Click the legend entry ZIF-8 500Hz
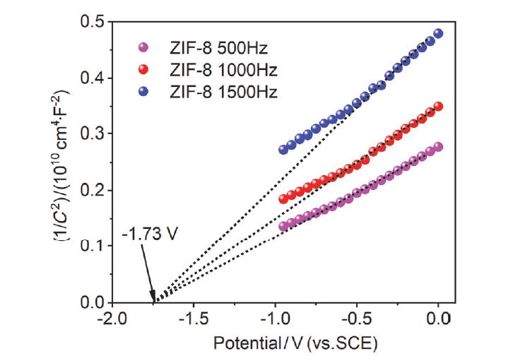click(209, 49)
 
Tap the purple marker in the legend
click(143, 49)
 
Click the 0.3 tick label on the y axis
click(91, 134)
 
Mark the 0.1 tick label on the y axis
click(91, 246)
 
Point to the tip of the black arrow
click(153, 300)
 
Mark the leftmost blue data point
click(283, 150)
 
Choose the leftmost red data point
click(283, 199)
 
